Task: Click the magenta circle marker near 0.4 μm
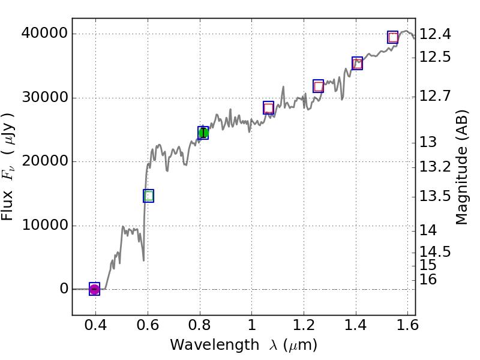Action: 94,289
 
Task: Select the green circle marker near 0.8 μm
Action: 203,133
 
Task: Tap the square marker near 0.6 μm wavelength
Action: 149,196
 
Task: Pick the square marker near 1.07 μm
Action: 268,108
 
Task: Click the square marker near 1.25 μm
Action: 319,86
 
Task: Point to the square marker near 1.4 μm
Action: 357,63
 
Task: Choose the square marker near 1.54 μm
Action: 393,37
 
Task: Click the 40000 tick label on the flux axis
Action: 43,34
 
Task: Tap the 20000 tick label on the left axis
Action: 43,161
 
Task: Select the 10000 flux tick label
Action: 43,226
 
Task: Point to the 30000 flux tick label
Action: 43,98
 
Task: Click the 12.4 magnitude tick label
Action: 435,34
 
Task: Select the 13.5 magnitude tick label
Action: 435,196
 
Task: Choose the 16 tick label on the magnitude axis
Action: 428,280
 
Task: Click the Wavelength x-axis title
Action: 243,345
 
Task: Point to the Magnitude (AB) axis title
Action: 461,167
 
